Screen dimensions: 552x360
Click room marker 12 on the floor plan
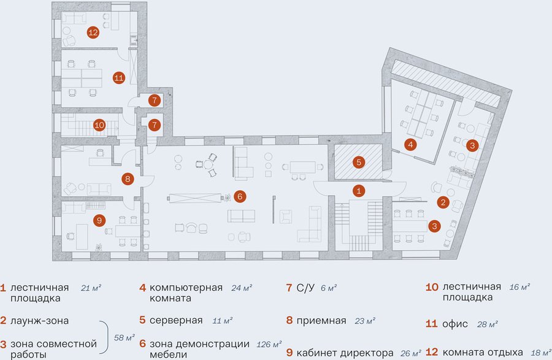point(93,33)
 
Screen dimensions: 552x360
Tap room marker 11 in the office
point(119,77)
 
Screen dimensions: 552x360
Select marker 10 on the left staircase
point(99,125)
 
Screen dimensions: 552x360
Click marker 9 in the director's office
point(99,220)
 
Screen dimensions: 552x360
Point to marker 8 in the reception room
point(128,178)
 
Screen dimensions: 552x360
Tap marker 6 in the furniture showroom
point(240,196)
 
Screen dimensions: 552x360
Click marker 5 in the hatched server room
point(359,163)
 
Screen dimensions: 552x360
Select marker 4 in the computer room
point(410,144)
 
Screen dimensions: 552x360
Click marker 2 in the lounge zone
point(443,202)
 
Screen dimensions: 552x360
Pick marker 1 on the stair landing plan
point(359,191)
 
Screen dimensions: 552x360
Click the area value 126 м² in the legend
point(269,344)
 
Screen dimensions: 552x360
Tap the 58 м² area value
point(125,338)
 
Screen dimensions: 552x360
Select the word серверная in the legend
point(176,320)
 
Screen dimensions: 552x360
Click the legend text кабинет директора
point(345,353)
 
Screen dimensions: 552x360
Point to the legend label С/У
point(305,288)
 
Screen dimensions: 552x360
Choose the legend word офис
point(455,324)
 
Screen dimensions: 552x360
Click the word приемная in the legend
point(321,321)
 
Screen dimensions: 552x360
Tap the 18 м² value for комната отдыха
point(541,352)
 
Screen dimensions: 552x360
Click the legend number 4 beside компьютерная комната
point(142,288)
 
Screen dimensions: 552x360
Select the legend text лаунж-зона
point(39,321)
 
